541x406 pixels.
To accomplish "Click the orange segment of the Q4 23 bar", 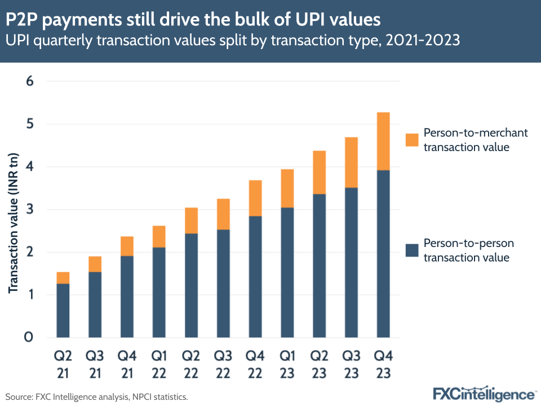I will [x=383, y=141].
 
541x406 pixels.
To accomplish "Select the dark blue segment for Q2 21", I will [x=63, y=310].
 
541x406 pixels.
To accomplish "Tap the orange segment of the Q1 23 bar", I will [x=287, y=188].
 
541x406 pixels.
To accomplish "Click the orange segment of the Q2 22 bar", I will [x=190, y=220].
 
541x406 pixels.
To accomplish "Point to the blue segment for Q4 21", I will [x=127, y=297].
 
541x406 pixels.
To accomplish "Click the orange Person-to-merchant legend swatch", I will [x=412, y=140].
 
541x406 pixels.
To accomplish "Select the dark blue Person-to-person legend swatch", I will [x=412, y=250].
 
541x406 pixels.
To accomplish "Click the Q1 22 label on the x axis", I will [x=158, y=364].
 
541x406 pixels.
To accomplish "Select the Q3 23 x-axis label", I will [x=351, y=364].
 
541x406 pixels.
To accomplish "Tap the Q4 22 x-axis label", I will [x=255, y=364].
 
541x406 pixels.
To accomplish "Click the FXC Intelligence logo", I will [x=484, y=393].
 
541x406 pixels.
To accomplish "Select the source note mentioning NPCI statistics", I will [x=96, y=397].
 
